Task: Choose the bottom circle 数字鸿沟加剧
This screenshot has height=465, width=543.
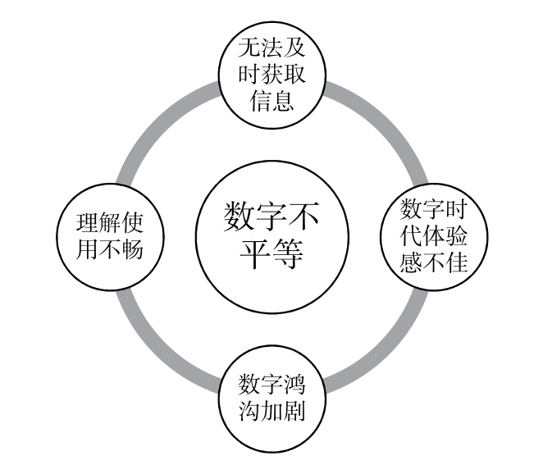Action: pyautogui.click(x=271, y=396)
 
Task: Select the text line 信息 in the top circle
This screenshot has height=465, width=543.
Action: pyautogui.click(x=271, y=103)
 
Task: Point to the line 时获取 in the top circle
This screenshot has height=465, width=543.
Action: pyautogui.click(x=271, y=74)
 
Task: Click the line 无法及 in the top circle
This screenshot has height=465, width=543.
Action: pyautogui.click(x=271, y=47)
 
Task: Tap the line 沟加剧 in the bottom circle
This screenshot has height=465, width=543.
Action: pyautogui.click(x=271, y=410)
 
